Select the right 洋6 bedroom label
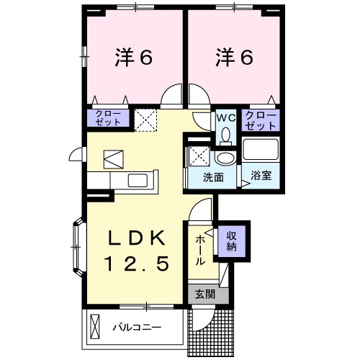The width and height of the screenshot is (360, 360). pyautogui.click(x=233, y=58)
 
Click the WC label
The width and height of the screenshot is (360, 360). pyautogui.click(x=225, y=115)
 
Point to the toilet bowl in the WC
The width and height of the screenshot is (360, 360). pyautogui.click(x=225, y=134)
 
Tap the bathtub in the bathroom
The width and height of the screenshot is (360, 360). pyautogui.click(x=261, y=150)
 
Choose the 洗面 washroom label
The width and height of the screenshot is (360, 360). pyautogui.click(x=212, y=176)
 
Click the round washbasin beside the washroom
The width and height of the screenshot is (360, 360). pyautogui.click(x=225, y=159)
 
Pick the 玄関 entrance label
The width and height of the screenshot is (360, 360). pyautogui.click(x=204, y=294)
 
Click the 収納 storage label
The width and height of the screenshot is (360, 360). pyautogui.click(x=232, y=241)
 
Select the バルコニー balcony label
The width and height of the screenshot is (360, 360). pyautogui.click(x=136, y=328)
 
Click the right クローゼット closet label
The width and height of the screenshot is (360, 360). pyautogui.click(x=261, y=119)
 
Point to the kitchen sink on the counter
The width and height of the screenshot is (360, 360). pyautogui.click(x=134, y=179)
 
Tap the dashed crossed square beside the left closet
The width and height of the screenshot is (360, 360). pyautogui.click(x=147, y=120)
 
